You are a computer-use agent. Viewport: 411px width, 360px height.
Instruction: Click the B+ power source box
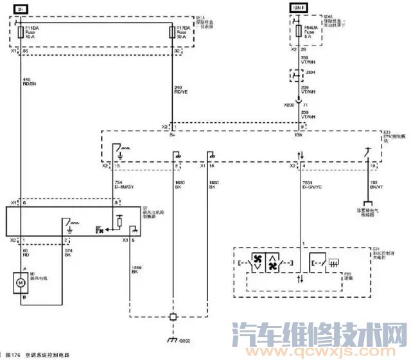tap(20, 9)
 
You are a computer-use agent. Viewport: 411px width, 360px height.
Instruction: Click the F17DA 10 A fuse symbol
tap(171, 32)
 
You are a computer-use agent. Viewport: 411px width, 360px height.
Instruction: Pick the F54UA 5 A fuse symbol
tap(299, 32)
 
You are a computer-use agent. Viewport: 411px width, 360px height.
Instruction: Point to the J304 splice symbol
tap(299, 76)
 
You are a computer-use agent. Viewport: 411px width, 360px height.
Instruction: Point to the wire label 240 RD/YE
tap(180, 90)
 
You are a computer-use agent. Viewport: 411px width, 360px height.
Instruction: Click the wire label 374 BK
tap(69, 252)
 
